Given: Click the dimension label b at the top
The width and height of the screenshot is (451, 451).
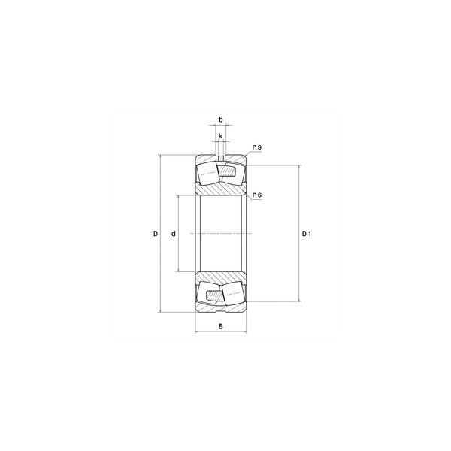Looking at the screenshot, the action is (221, 120).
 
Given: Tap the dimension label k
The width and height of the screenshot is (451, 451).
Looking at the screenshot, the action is (220, 136).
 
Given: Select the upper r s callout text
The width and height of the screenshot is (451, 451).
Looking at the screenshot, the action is (257, 147).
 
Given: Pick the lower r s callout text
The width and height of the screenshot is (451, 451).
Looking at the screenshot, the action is (257, 195).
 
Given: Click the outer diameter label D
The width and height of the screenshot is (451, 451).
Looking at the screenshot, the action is (156, 234).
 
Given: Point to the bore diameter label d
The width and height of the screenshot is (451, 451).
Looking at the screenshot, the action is (174, 234).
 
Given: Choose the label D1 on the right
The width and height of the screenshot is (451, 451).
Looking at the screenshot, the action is (307, 234).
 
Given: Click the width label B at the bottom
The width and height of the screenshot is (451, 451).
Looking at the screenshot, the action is (221, 326).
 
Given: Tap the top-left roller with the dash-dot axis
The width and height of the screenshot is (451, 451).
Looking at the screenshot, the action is (208, 173).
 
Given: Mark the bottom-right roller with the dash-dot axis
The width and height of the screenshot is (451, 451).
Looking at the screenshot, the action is (234, 293).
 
